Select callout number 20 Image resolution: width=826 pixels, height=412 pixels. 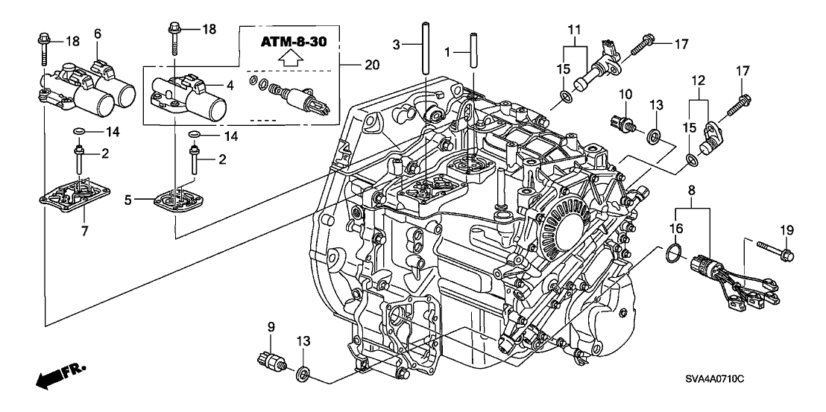coord(371,64)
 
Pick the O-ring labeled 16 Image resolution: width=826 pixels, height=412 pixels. coord(672,253)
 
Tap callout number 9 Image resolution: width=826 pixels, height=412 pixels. coord(271,326)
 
